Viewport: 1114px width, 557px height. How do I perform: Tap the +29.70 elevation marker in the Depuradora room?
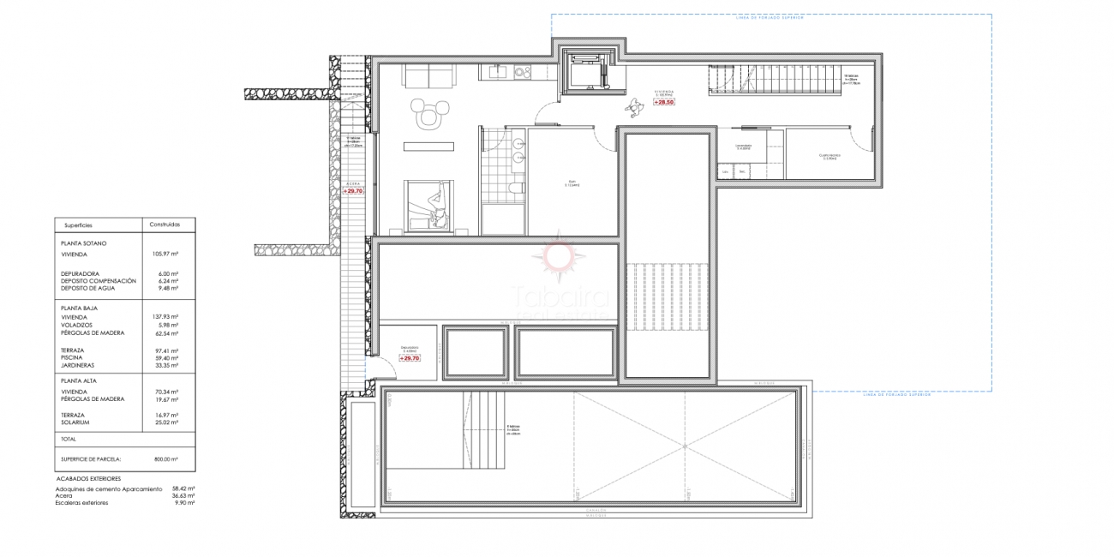click(x=410, y=358)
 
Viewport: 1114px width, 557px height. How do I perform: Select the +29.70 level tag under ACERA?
click(x=353, y=191)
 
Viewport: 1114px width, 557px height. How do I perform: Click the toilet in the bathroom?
click(x=516, y=189)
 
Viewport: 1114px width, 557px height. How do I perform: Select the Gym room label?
click(x=571, y=183)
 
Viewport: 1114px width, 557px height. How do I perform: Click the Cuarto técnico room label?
click(x=830, y=157)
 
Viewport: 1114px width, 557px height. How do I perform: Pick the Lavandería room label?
click(x=742, y=147)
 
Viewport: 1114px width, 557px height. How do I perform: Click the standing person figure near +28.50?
click(x=634, y=105)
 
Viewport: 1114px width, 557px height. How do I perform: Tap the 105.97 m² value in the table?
click(x=165, y=254)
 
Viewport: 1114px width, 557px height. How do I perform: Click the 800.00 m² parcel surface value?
click(x=165, y=458)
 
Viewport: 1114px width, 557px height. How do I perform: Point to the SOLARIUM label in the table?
click(x=76, y=422)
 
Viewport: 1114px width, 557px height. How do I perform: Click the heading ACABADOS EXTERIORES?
click(x=87, y=478)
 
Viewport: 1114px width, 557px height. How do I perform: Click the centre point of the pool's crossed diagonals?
click(x=685, y=446)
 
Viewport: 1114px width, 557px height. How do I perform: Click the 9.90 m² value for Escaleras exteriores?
click(x=183, y=502)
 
